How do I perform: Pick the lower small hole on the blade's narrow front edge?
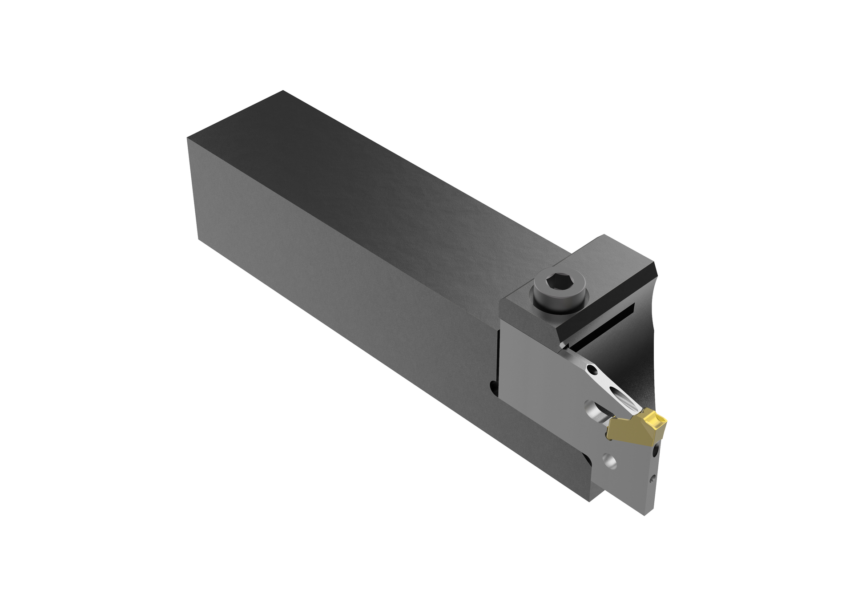(653, 479)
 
